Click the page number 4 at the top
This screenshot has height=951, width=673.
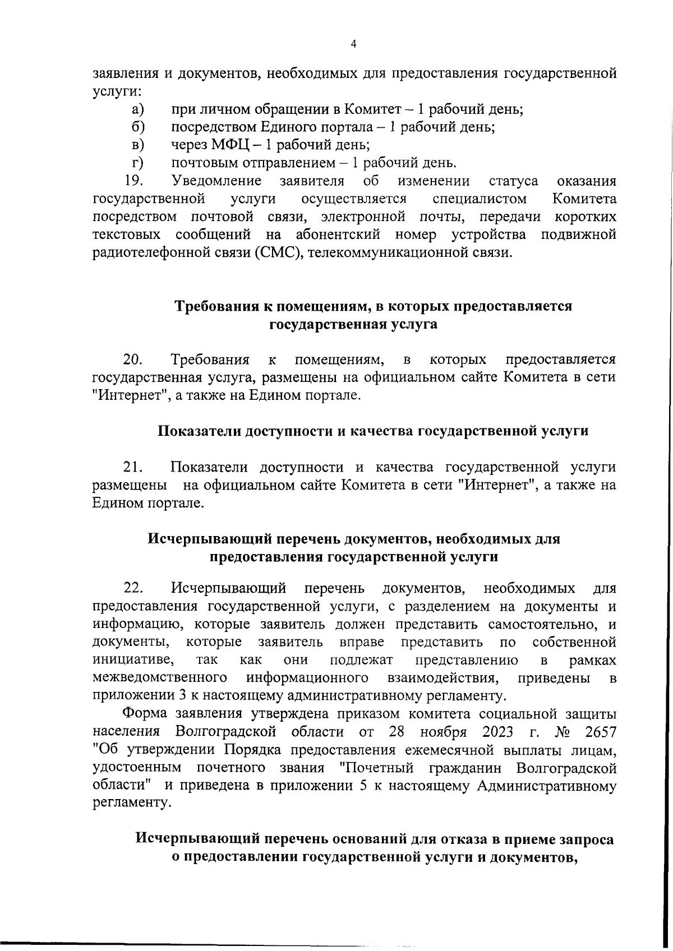(353, 45)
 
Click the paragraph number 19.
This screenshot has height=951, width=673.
(133, 181)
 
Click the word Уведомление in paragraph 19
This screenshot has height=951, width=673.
(217, 181)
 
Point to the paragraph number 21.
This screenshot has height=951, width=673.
(133, 467)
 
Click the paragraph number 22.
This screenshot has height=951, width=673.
(133, 588)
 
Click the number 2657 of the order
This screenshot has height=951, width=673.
(600, 732)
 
